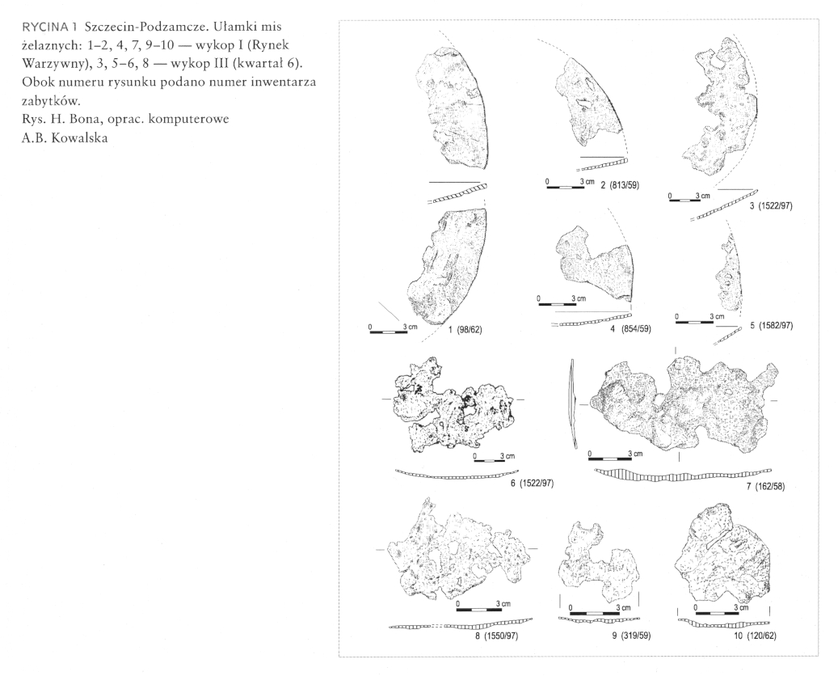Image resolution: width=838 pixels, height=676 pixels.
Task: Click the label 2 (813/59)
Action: [620, 185]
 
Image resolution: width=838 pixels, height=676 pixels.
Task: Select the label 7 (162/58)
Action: [765, 487]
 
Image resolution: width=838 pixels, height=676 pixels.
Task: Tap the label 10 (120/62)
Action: [756, 636]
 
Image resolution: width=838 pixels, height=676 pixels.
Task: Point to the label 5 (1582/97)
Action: [771, 325]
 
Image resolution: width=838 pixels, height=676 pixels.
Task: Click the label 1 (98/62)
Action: [465, 330]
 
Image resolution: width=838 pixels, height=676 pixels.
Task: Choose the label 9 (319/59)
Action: [631, 636]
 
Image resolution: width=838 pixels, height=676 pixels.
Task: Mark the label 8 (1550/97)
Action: [496, 636]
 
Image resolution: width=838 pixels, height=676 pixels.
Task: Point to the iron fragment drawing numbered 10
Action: [722, 564]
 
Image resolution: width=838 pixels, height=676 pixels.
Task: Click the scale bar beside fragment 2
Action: [564, 188]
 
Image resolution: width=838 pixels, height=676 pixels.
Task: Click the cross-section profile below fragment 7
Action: [683, 475]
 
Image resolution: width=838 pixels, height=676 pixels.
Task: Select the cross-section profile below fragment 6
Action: [457, 475]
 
